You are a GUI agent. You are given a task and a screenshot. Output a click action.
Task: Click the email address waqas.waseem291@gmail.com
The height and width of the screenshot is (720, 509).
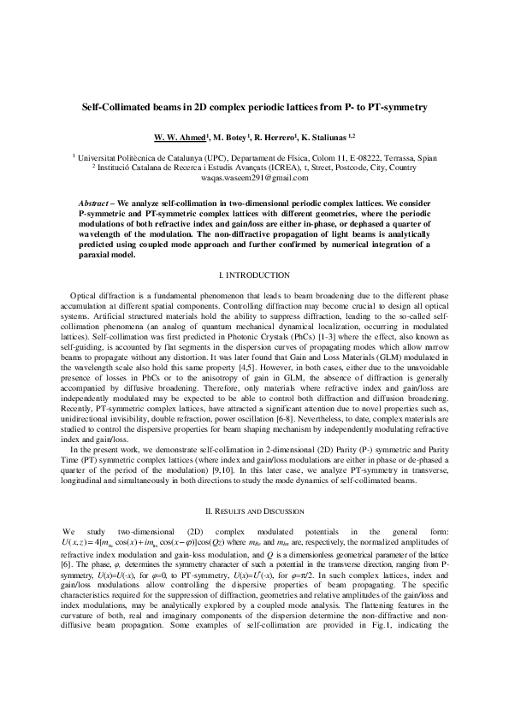click(254, 177)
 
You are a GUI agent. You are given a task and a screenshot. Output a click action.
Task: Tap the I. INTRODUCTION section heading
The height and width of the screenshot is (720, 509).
click(254, 274)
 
